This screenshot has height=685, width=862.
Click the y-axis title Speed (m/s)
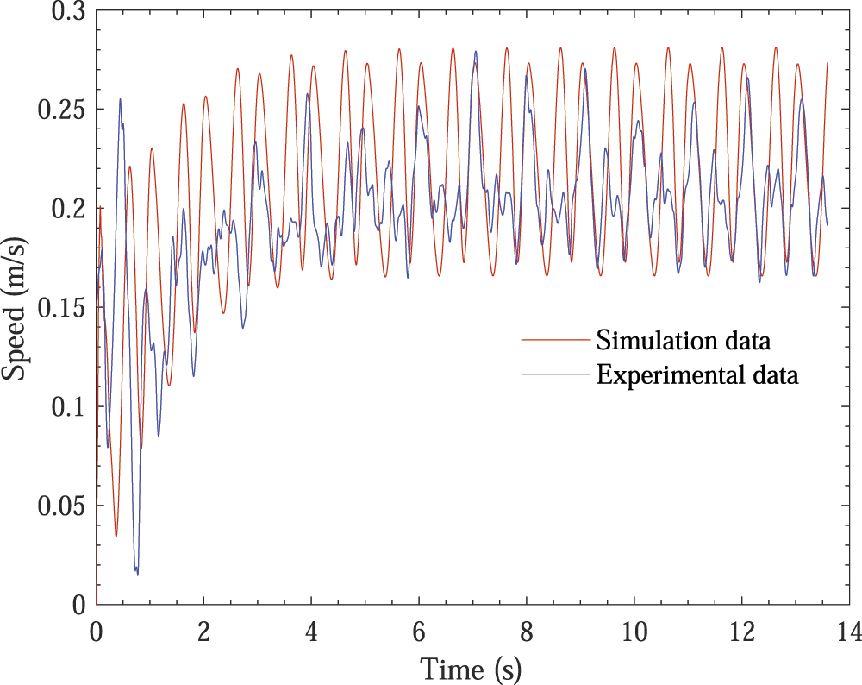(16, 308)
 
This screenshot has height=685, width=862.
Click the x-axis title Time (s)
(472, 668)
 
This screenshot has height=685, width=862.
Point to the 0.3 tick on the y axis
(66, 11)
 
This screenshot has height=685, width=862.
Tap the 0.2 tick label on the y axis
(66, 210)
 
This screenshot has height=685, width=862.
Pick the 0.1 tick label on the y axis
(66, 408)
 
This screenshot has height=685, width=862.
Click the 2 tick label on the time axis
(204, 632)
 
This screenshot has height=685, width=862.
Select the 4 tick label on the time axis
(311, 632)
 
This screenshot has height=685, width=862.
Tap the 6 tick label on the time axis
(419, 632)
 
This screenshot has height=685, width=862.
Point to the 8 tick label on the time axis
(527, 632)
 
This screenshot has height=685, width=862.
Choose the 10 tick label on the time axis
(634, 632)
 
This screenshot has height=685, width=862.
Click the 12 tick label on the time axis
(742, 632)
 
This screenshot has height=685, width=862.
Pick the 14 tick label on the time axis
(849, 632)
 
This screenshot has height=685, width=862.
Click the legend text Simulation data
(684, 341)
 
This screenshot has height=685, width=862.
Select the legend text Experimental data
(698, 375)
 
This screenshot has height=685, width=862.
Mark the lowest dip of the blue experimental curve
(137, 575)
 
